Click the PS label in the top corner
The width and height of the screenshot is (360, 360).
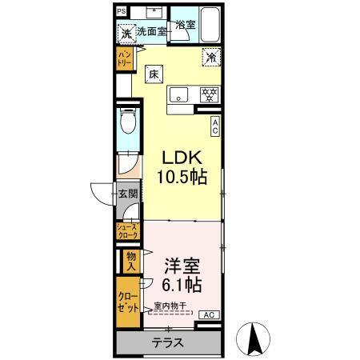pyautogui.click(x=121, y=12)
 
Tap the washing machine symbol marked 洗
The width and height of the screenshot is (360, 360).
pyautogui.click(x=126, y=33)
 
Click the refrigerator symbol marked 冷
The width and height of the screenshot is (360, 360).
pyautogui.click(x=212, y=58)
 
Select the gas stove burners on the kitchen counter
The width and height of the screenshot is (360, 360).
pyautogui.click(x=209, y=94)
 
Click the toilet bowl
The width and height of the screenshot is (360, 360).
pyautogui.click(x=127, y=125)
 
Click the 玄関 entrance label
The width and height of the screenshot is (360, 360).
pyautogui.click(x=127, y=194)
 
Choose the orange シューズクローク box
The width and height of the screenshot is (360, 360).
pyautogui.click(x=128, y=231)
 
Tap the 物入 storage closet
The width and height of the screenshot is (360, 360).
pyautogui.click(x=131, y=261)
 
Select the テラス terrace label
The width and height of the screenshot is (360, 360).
pyautogui.click(x=168, y=342)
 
